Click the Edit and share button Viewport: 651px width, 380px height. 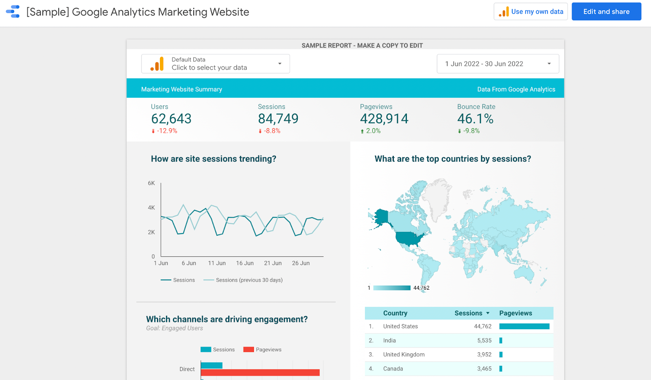tap(606, 12)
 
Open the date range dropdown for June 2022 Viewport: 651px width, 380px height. tap(498, 63)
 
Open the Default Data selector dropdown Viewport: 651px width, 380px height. tap(215, 63)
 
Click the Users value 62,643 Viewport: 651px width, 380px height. tap(171, 118)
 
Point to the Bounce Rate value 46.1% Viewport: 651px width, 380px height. tap(475, 118)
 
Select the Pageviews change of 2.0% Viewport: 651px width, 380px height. tap(371, 131)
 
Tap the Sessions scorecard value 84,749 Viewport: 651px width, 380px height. tap(278, 118)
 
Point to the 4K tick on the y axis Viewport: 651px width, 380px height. tap(151, 208)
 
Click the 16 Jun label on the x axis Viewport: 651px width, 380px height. tap(245, 263)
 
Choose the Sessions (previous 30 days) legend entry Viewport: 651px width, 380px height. tap(243, 280)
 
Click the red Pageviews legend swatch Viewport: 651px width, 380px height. tap(249, 349)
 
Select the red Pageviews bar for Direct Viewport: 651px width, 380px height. tap(260, 372)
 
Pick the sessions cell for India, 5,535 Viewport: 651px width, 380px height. tap(484, 341)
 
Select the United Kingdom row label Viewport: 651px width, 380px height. tap(404, 354)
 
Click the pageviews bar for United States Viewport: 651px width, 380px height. tap(524, 326)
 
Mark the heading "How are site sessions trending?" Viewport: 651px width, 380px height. tap(213, 159)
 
